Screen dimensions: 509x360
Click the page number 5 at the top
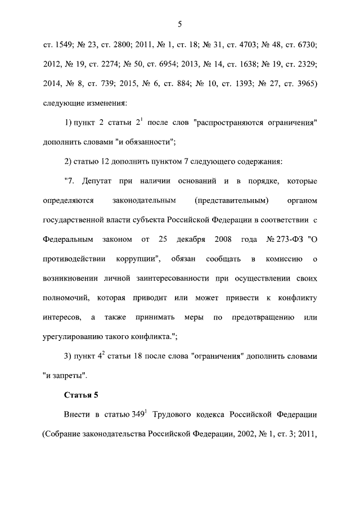pos(180,24)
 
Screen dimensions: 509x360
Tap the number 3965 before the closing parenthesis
pos(304,84)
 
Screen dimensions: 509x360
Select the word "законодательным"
pos(145,201)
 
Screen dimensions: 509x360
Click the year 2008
pos(223,240)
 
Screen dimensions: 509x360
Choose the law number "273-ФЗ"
pos(290,240)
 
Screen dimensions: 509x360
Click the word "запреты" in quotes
pos(67,376)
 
